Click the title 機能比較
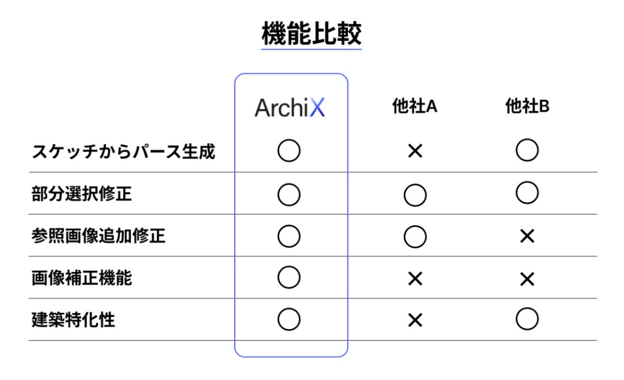(x=312, y=34)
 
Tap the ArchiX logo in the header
(x=290, y=107)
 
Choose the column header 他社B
(x=527, y=106)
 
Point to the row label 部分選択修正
(x=82, y=194)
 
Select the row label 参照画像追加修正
(x=98, y=236)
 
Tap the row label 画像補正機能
(x=82, y=278)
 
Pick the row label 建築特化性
(x=73, y=320)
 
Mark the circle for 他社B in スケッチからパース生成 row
(x=527, y=150)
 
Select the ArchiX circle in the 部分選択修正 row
(x=289, y=194)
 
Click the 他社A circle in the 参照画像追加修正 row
(x=415, y=237)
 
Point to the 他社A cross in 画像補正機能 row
(x=415, y=279)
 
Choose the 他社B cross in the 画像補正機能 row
(x=527, y=279)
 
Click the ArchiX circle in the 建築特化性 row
(x=289, y=320)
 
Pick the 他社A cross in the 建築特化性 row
(x=415, y=321)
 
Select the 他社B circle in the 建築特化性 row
(x=527, y=319)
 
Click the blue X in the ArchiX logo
(x=317, y=107)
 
